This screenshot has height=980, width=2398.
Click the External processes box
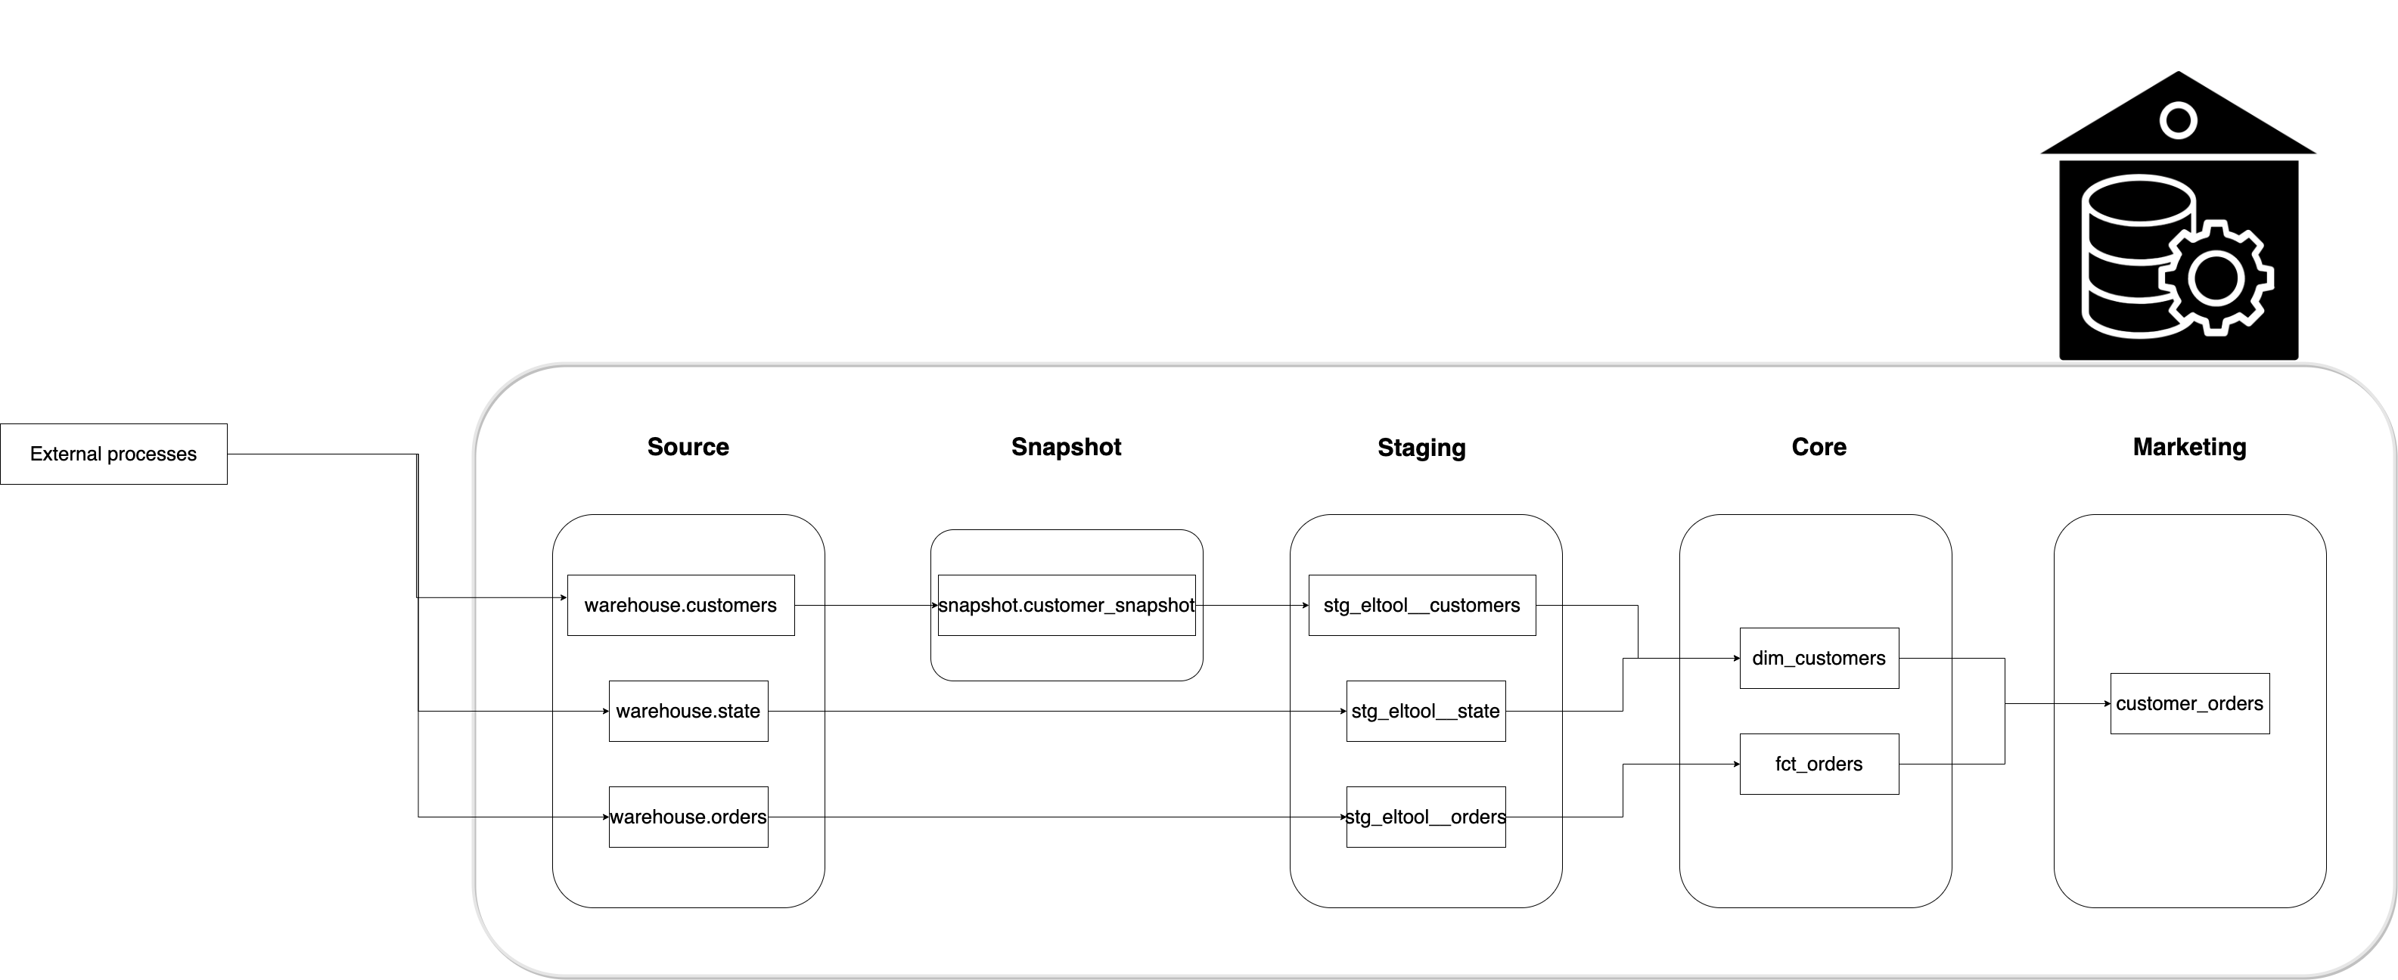click(x=113, y=454)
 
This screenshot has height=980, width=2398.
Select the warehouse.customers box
click(x=681, y=605)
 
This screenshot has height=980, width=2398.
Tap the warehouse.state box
click(x=688, y=711)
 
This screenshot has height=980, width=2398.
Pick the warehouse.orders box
click(x=688, y=817)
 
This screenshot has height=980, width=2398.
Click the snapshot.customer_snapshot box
click(x=1066, y=605)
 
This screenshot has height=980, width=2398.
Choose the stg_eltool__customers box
click(x=1421, y=605)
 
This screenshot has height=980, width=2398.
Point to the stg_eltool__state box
click(x=1425, y=711)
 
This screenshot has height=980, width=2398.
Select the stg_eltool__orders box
click(x=1425, y=817)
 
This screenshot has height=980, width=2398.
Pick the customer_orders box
click(x=2188, y=703)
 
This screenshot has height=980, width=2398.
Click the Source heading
click(x=688, y=447)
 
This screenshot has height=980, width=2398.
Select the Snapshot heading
click(x=1066, y=447)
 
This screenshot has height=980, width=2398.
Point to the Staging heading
click(x=1421, y=448)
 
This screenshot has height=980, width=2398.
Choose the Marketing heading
click(x=2188, y=447)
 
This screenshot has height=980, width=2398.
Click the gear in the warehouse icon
click(x=2216, y=278)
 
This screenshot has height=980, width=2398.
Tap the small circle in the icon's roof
click(x=2179, y=120)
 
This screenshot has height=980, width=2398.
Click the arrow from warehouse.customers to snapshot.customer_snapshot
click(x=865, y=605)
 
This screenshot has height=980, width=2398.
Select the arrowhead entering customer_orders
click(x=2107, y=703)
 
